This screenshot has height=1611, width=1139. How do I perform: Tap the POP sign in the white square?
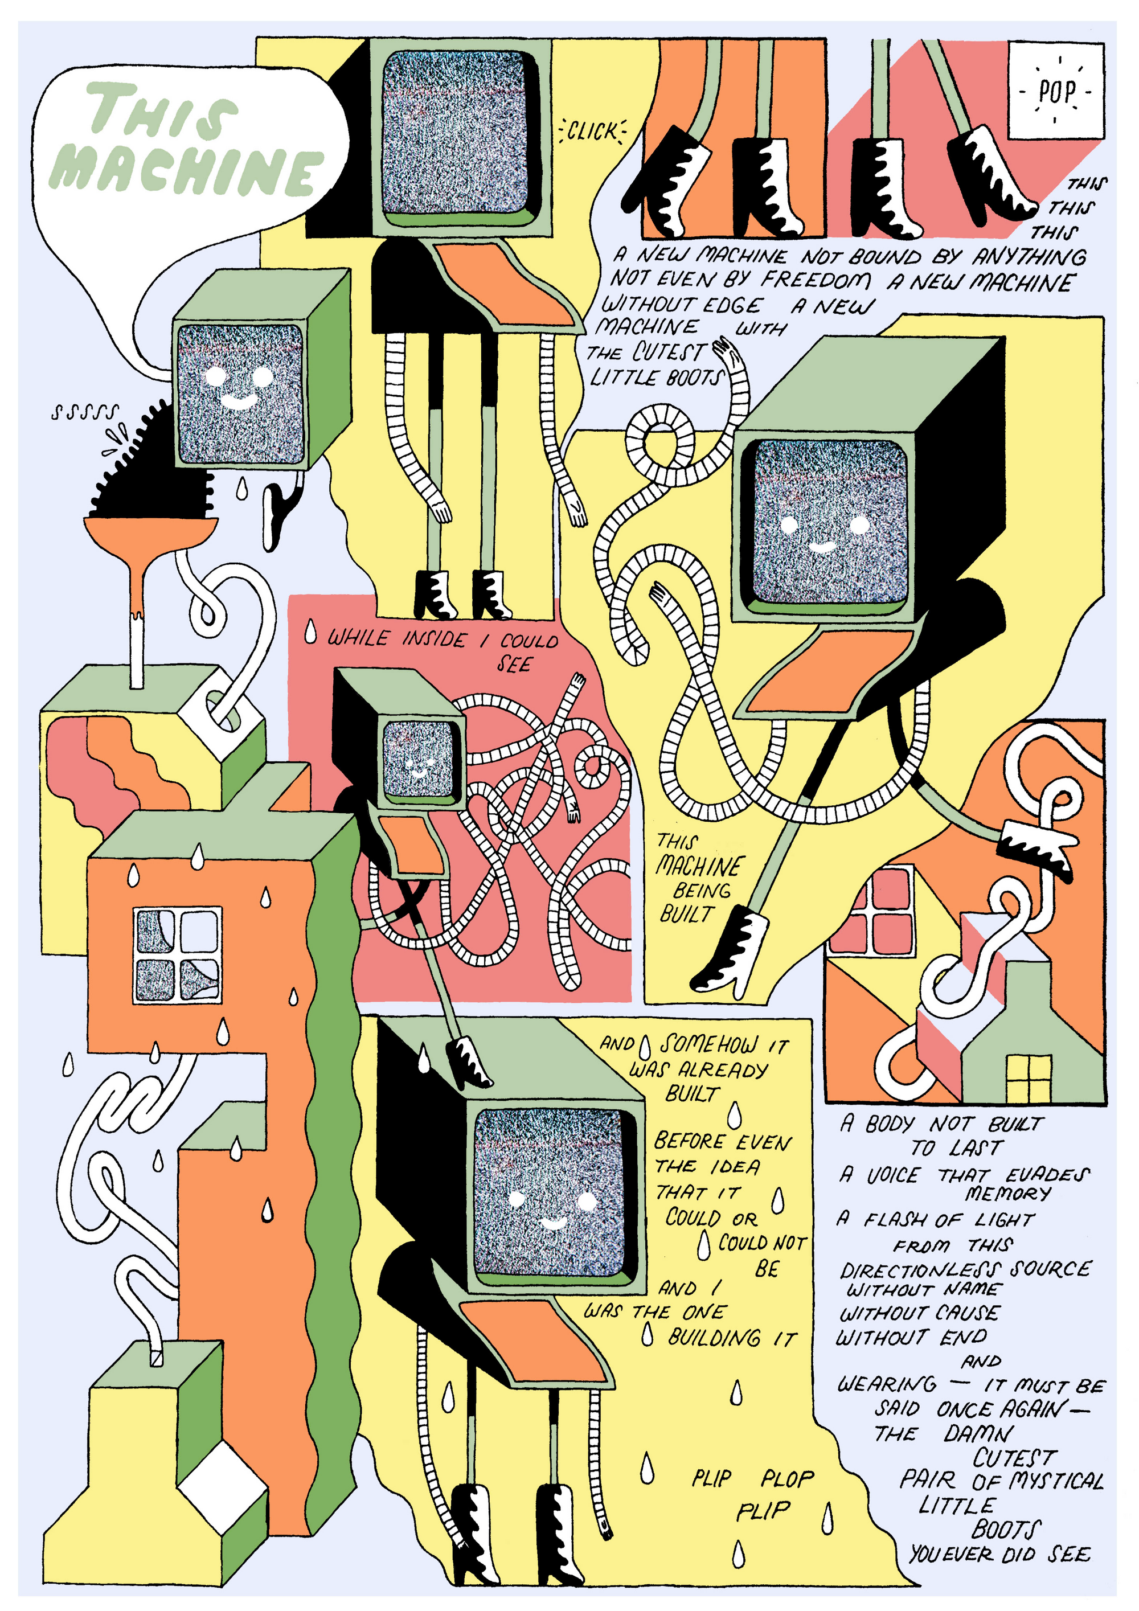pyautogui.click(x=1056, y=91)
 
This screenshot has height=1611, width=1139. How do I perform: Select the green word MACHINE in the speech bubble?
pyautogui.click(x=186, y=170)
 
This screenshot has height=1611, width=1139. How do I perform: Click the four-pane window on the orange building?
pyautogui.click(x=178, y=954)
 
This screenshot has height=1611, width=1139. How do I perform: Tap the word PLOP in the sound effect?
pyautogui.click(x=788, y=1478)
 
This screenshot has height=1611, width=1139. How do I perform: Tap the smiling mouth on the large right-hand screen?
pyautogui.click(x=822, y=545)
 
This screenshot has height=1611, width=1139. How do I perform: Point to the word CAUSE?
pyautogui.click(x=968, y=1313)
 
